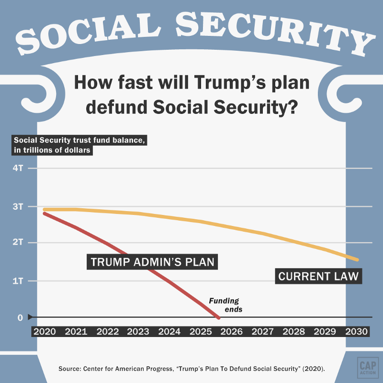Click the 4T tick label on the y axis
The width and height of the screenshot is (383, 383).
18,168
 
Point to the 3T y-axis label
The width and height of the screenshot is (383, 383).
18,207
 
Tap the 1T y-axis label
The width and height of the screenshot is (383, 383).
18,281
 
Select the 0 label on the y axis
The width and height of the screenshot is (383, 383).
20,317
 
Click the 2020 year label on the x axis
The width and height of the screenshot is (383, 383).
45,331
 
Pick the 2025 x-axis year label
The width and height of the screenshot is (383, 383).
201,331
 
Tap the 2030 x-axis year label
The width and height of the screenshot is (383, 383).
356,331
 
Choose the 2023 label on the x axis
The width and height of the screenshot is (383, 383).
138,331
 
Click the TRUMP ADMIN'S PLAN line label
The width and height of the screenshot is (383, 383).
152,262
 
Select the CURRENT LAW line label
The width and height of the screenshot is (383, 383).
318,276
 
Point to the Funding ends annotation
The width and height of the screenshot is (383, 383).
225,305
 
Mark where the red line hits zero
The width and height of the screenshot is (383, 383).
219,318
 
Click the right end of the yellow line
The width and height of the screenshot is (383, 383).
357,260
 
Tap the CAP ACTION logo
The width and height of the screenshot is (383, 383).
368,368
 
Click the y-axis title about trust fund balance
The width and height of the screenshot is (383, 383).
79,145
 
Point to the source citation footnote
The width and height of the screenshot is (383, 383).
191,369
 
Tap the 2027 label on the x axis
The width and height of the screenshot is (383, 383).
262,331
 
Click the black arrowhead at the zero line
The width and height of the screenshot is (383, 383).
30,317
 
